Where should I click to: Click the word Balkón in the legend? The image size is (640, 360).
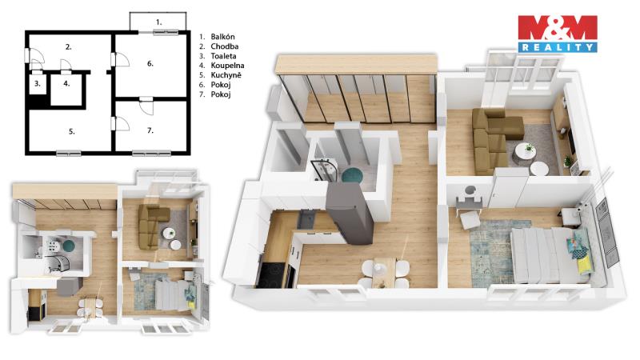[x=222, y=37]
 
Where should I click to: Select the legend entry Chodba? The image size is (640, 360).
[x=225, y=46]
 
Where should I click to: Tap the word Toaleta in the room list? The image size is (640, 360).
[x=223, y=56]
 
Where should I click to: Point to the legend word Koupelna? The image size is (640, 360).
[x=227, y=66]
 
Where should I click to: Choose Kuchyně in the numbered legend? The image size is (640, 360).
[x=226, y=75]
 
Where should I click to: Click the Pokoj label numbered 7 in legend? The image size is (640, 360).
[x=221, y=94]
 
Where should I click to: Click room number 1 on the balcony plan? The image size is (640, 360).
[x=158, y=22]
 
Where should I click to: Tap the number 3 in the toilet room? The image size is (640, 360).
[x=37, y=84]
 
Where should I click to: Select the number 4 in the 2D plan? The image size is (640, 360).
[x=66, y=84]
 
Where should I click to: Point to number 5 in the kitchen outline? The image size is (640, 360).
[x=71, y=131]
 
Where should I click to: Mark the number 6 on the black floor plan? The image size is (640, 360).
[x=150, y=64]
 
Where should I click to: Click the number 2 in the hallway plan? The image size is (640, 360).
[x=68, y=47]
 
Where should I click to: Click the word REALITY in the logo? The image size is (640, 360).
[x=558, y=47]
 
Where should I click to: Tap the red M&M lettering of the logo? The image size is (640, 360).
[x=558, y=28]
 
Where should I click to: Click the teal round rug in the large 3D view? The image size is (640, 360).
[x=352, y=175]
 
